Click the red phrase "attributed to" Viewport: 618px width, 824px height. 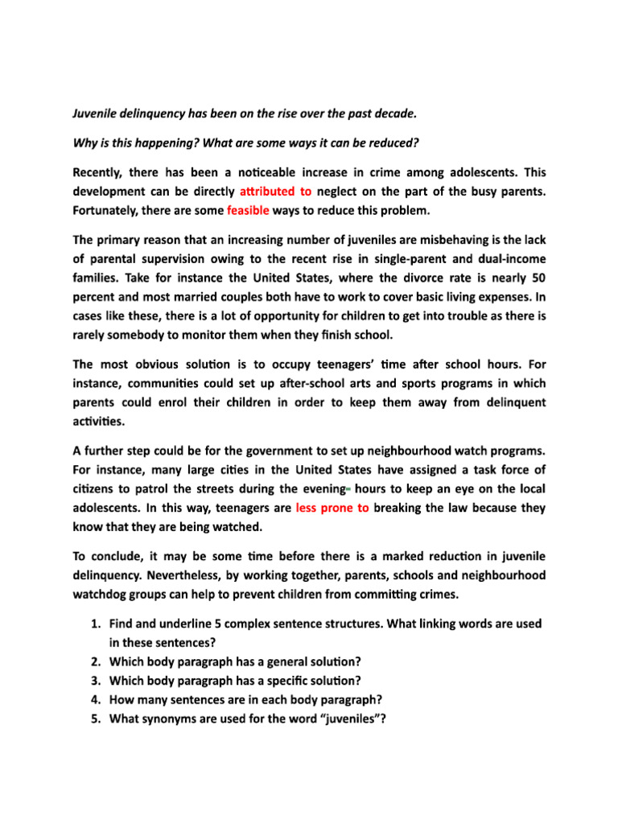click(x=275, y=193)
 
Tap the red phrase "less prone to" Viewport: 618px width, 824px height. click(x=332, y=508)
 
